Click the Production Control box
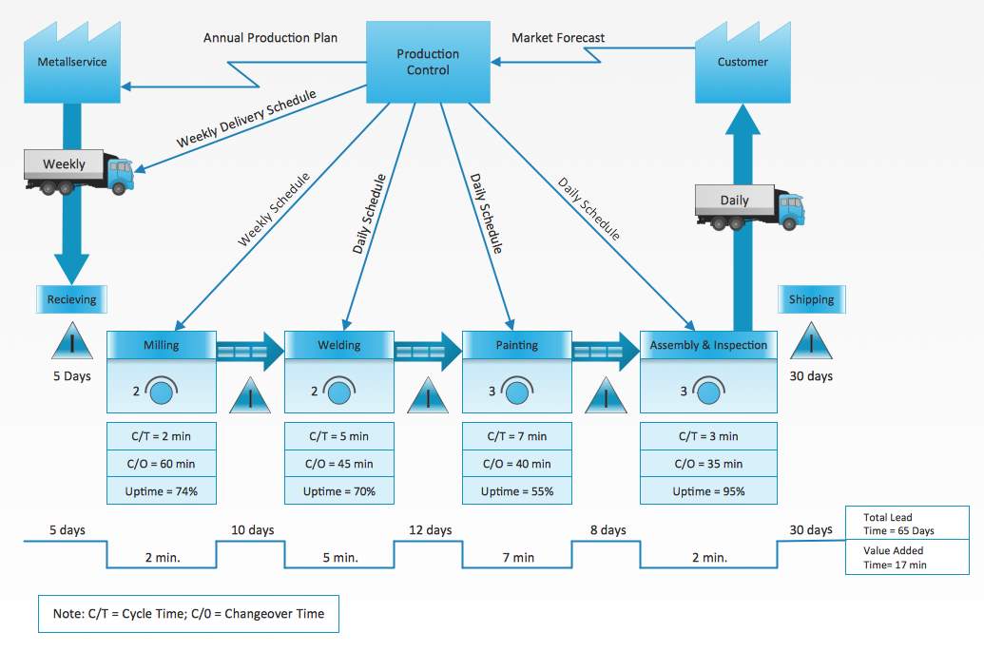[x=428, y=63]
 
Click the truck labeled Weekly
[x=79, y=170]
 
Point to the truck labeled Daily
[x=749, y=207]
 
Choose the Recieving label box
[x=72, y=299]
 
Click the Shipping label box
[x=811, y=299]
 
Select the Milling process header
[x=161, y=345]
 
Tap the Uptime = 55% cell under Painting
[x=517, y=491]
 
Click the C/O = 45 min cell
[x=339, y=464]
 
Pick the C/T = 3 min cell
[x=708, y=436]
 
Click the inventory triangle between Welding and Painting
[x=428, y=394]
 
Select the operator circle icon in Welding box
[x=339, y=390]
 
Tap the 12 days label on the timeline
[x=430, y=529]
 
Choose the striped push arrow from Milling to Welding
[x=250, y=352]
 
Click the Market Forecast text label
[x=558, y=38]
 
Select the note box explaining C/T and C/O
[x=188, y=614]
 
